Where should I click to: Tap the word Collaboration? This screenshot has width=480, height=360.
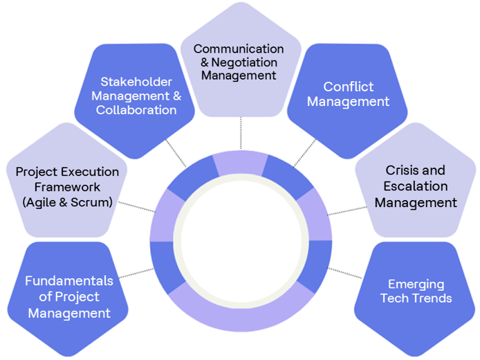136,110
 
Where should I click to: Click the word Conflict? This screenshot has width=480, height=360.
348,87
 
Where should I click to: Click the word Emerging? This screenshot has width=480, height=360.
416,284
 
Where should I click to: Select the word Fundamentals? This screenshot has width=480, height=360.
68,280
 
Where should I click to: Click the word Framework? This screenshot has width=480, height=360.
67,187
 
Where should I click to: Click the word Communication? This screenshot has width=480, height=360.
239,48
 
